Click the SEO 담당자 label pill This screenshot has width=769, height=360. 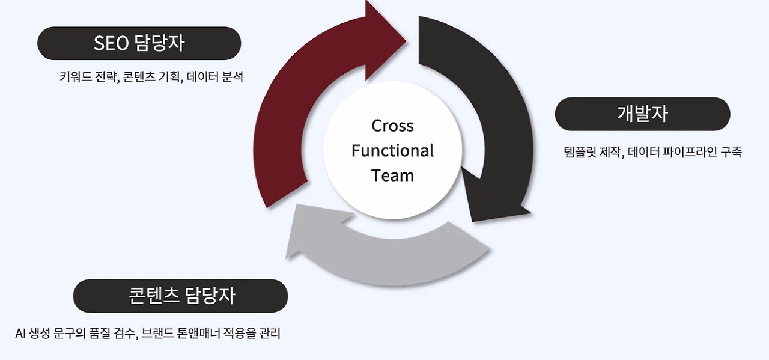139,43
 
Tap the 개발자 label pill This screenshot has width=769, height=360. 642,114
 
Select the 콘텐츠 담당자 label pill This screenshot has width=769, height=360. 180,296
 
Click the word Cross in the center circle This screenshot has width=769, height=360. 392,126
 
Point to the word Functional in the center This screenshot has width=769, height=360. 392,150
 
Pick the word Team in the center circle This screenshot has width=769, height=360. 392,175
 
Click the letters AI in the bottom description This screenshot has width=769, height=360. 20,333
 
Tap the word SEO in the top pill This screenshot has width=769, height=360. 111,43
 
